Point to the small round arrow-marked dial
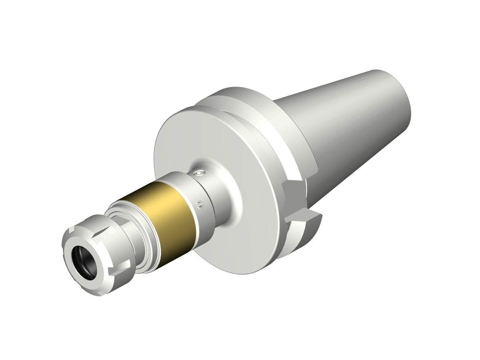point(200,204)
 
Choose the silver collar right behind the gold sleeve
point(200,188)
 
